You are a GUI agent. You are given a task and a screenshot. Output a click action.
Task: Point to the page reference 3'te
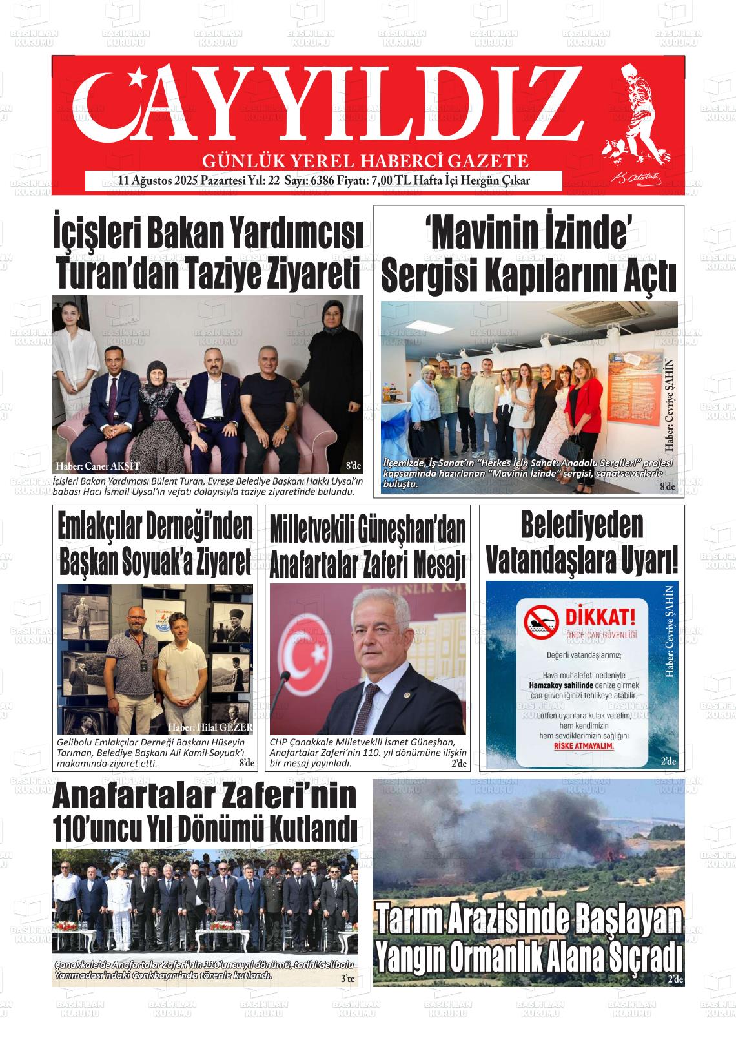click(x=348, y=979)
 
